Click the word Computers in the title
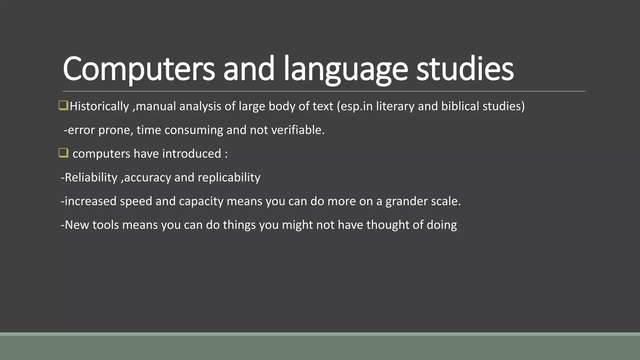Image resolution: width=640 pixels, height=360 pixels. click(x=139, y=68)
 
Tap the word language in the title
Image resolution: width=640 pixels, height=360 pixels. click(x=346, y=68)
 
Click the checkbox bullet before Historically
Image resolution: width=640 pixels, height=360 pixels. click(x=63, y=106)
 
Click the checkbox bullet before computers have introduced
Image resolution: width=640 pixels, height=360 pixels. click(x=63, y=153)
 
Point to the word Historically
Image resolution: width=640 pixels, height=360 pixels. click(x=99, y=106)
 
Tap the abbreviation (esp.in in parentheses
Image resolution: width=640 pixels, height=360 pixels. click(x=355, y=106)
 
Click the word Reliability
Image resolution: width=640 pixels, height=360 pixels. click(x=91, y=177)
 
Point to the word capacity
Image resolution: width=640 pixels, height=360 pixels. click(x=201, y=201)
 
